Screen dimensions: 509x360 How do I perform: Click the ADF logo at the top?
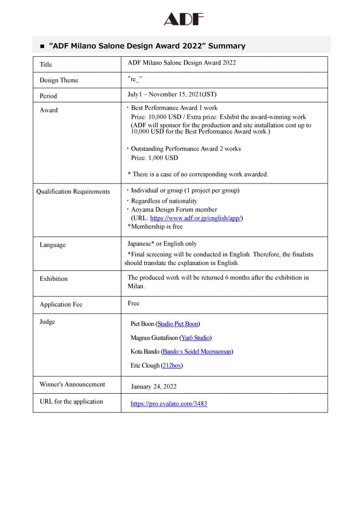tap(183, 19)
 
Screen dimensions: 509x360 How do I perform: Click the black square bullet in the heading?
tap(42, 46)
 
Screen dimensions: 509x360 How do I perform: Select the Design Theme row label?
tap(59, 80)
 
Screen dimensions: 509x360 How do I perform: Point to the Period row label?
tap(48, 96)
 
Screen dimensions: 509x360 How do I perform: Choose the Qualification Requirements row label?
tap(73, 191)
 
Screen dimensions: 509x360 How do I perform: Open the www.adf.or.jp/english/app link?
tap(196, 218)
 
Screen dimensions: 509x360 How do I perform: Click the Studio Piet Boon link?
tap(178, 324)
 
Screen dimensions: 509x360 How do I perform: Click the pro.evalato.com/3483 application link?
tap(169, 404)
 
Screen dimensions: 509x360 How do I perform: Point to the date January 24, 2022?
tap(154, 386)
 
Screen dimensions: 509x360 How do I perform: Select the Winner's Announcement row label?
tap(72, 384)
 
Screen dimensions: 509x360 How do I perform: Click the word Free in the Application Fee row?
tap(134, 303)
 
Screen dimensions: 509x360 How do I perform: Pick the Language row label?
tap(53, 245)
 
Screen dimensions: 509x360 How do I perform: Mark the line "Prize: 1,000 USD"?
tap(154, 158)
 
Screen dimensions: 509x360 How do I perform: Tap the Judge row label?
tap(47, 322)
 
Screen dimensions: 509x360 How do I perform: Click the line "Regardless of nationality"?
tap(164, 201)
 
